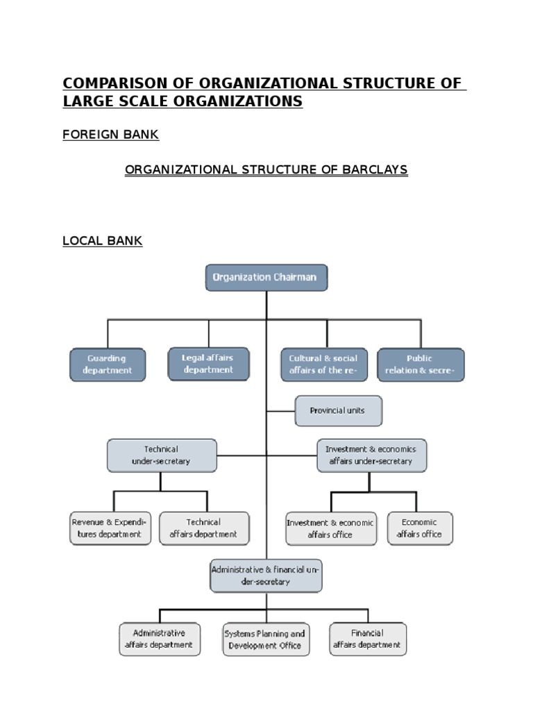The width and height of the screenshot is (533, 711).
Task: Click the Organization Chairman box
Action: tap(266, 277)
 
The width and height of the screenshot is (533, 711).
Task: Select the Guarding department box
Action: tap(108, 365)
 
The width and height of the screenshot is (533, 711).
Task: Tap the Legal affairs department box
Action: tap(208, 364)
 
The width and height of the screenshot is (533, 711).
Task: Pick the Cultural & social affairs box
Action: tap(323, 365)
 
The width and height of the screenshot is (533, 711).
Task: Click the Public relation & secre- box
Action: tap(420, 365)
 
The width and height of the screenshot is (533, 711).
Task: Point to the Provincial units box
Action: tap(338, 410)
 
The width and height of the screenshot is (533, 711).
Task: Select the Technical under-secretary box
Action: tap(162, 455)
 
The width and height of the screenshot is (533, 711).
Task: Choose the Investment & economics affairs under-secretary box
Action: tap(371, 455)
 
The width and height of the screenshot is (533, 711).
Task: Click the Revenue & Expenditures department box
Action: tap(110, 528)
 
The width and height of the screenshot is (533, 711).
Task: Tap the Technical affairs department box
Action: tap(204, 528)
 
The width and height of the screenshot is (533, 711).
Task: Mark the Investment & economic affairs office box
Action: tap(331, 529)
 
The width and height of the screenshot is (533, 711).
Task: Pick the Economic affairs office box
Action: tap(419, 528)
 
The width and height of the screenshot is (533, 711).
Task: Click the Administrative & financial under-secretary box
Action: tap(266, 576)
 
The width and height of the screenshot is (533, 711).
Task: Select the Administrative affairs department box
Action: tap(160, 639)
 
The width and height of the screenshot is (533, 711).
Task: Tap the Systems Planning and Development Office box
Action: tap(264, 639)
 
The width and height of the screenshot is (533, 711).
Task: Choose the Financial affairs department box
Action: tap(367, 639)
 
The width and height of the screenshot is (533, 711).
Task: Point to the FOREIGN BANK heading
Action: tap(110, 135)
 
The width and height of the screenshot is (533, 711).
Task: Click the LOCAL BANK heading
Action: tap(102, 241)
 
